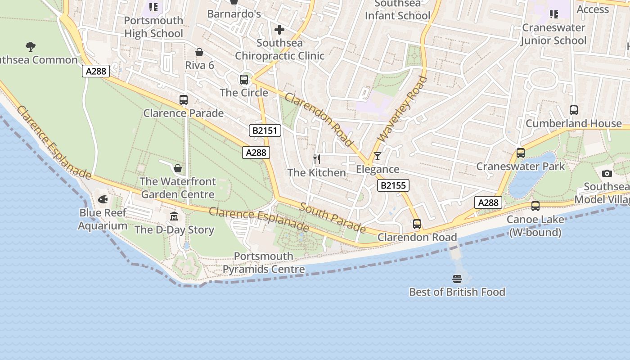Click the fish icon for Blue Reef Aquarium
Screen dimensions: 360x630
(103, 199)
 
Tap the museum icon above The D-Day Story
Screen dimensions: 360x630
(174, 216)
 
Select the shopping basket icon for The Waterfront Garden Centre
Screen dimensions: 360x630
(178, 168)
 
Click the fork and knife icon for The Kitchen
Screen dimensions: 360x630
(317, 159)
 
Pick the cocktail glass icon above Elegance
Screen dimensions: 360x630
(377, 156)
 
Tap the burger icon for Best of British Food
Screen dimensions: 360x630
(457, 279)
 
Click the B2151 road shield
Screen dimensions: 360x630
(265, 130)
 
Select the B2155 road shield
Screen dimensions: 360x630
(393, 185)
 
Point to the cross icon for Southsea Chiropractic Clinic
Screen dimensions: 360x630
(279, 30)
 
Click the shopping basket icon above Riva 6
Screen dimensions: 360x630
(199, 52)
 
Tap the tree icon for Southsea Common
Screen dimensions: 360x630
(31, 46)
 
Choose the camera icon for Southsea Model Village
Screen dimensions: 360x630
(607, 173)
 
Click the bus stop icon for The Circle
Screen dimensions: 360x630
(244, 80)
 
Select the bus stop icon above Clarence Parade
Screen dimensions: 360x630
(183, 100)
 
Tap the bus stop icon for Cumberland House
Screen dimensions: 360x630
(573, 110)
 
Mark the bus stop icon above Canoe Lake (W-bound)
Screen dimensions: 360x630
(535, 206)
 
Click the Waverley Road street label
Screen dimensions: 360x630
(402, 109)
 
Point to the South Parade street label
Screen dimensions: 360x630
(333, 217)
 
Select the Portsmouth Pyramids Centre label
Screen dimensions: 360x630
(264, 263)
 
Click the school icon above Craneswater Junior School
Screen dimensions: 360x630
(553, 14)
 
